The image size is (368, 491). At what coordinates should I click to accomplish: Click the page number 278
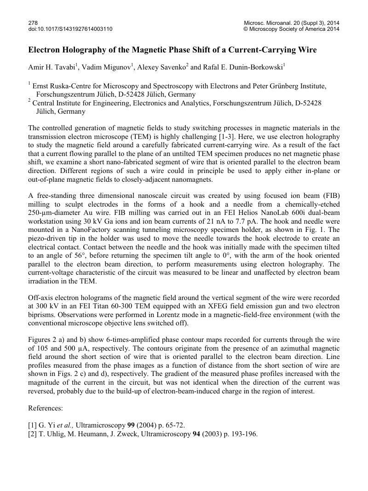click(x=33, y=23)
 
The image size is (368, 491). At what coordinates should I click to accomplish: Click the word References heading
click(x=46, y=408)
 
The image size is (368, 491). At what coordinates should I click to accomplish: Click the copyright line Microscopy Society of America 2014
click(x=294, y=29)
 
